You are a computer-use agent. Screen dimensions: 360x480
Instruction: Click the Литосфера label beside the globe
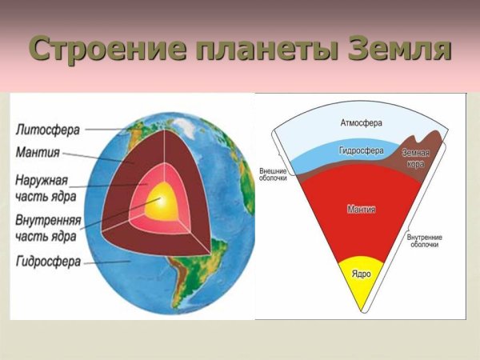[46, 128]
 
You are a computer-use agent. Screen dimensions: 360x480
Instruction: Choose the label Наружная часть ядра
[46, 186]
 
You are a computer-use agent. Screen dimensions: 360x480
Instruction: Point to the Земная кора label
[415, 158]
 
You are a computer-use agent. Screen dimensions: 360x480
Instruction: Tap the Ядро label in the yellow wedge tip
[361, 274]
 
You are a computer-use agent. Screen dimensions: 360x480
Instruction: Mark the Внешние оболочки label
[275, 174]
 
